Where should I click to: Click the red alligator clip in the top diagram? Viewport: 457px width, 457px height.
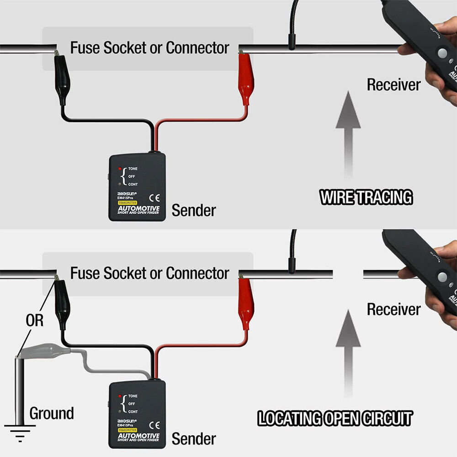point(245,78)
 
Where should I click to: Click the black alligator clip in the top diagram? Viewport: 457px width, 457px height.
point(61,78)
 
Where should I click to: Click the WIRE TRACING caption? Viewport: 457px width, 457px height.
point(366,197)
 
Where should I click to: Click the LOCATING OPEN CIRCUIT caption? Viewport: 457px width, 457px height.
point(335,419)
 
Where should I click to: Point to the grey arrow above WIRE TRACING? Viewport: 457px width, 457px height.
point(348,133)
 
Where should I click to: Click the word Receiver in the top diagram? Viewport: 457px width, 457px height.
point(393,85)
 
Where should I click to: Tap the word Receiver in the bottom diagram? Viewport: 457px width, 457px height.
point(393,309)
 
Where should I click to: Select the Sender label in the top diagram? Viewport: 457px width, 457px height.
point(194,211)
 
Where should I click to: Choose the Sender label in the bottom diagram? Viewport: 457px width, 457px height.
point(194,439)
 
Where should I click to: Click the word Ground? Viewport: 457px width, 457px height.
point(52,414)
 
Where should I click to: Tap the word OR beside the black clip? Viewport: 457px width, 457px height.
point(34,321)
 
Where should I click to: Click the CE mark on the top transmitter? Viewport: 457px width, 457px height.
point(154,198)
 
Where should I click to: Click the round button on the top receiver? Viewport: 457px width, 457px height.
point(442,53)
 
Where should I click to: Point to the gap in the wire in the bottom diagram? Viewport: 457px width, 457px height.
point(348,274)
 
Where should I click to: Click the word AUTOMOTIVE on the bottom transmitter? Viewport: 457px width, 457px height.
point(138,436)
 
